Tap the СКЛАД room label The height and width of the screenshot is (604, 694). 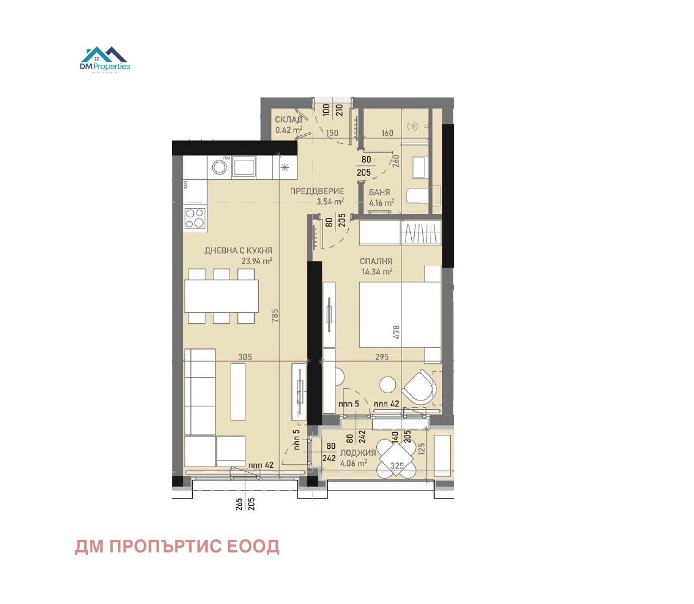tap(288, 120)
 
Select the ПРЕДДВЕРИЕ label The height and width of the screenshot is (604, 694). tap(317, 191)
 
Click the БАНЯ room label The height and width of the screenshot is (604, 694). tap(380, 193)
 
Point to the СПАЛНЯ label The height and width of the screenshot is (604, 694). tap(376, 261)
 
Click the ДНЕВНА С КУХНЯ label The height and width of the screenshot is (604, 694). tap(238, 250)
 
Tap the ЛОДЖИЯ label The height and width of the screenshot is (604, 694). tap(358, 453)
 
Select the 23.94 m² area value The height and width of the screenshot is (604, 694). tap(256, 261)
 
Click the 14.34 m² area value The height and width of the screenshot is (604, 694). tap(377, 272)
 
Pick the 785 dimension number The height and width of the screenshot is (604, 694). tap(275, 315)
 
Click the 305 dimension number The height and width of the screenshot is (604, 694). tap(245, 357)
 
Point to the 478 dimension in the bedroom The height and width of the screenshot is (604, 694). tap(396, 332)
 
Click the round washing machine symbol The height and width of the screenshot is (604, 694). tap(219, 167)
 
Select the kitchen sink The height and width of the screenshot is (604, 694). tap(244, 167)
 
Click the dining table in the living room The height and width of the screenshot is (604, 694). tap(221, 296)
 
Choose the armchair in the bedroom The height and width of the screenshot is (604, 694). tap(419, 387)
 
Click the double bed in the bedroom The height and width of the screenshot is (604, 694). tap(400, 315)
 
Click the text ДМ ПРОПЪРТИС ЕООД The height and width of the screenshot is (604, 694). tap(177, 547)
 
